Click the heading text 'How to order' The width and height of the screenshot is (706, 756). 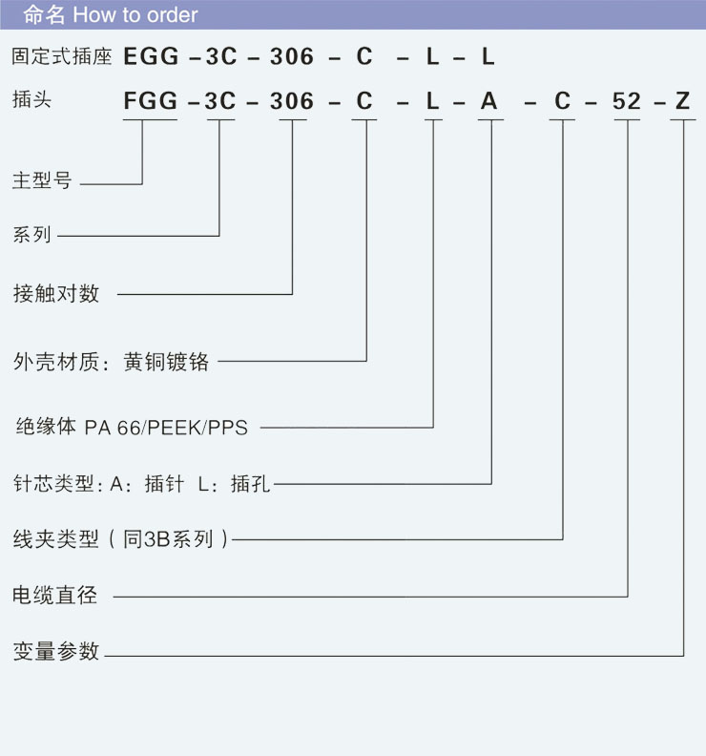(x=135, y=15)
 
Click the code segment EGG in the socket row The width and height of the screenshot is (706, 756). (x=151, y=56)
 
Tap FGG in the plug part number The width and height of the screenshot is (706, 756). (x=151, y=101)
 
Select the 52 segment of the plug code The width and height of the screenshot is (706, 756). (x=627, y=101)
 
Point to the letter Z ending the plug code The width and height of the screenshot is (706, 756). (x=682, y=101)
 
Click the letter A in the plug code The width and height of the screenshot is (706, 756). (x=489, y=101)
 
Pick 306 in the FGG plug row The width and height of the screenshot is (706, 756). (x=292, y=101)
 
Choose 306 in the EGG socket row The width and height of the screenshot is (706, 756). (x=292, y=56)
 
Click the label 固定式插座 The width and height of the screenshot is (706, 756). (x=62, y=56)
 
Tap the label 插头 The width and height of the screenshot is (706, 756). (x=31, y=99)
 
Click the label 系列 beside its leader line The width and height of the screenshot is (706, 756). (x=31, y=234)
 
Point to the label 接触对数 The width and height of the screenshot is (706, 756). (x=55, y=293)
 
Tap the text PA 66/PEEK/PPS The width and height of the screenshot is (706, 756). (x=166, y=428)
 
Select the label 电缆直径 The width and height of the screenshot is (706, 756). (x=54, y=596)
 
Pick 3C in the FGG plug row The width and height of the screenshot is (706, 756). (x=220, y=101)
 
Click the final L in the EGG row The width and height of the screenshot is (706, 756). (x=488, y=56)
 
